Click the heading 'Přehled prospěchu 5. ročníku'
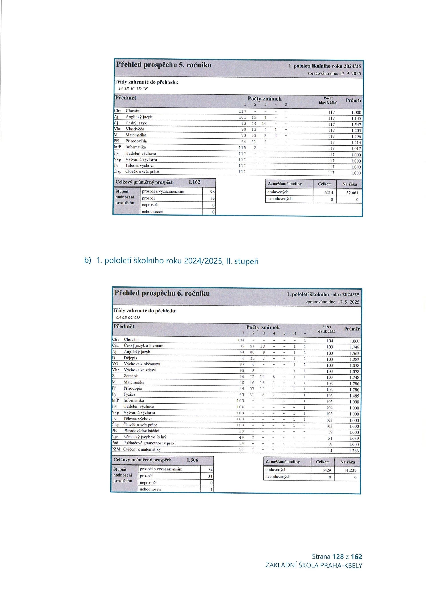[164, 65]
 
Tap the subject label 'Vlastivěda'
[135, 129]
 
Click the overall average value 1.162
[194, 182]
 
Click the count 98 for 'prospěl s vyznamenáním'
[212, 192]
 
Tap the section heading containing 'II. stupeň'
[177, 261]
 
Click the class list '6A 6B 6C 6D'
[128, 317]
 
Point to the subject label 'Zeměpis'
[131, 376]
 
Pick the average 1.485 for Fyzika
[354, 396]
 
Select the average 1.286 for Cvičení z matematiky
[354, 451]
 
